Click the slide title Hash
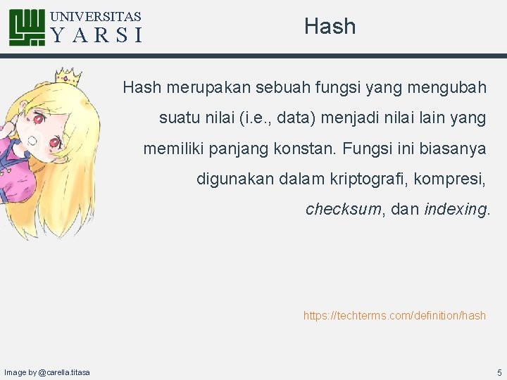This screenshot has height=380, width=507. click(330, 27)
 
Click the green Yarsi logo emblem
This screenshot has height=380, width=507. click(28, 27)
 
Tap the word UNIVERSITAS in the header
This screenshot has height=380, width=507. click(96, 16)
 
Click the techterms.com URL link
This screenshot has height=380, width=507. click(394, 316)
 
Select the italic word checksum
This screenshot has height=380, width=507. click(343, 210)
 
